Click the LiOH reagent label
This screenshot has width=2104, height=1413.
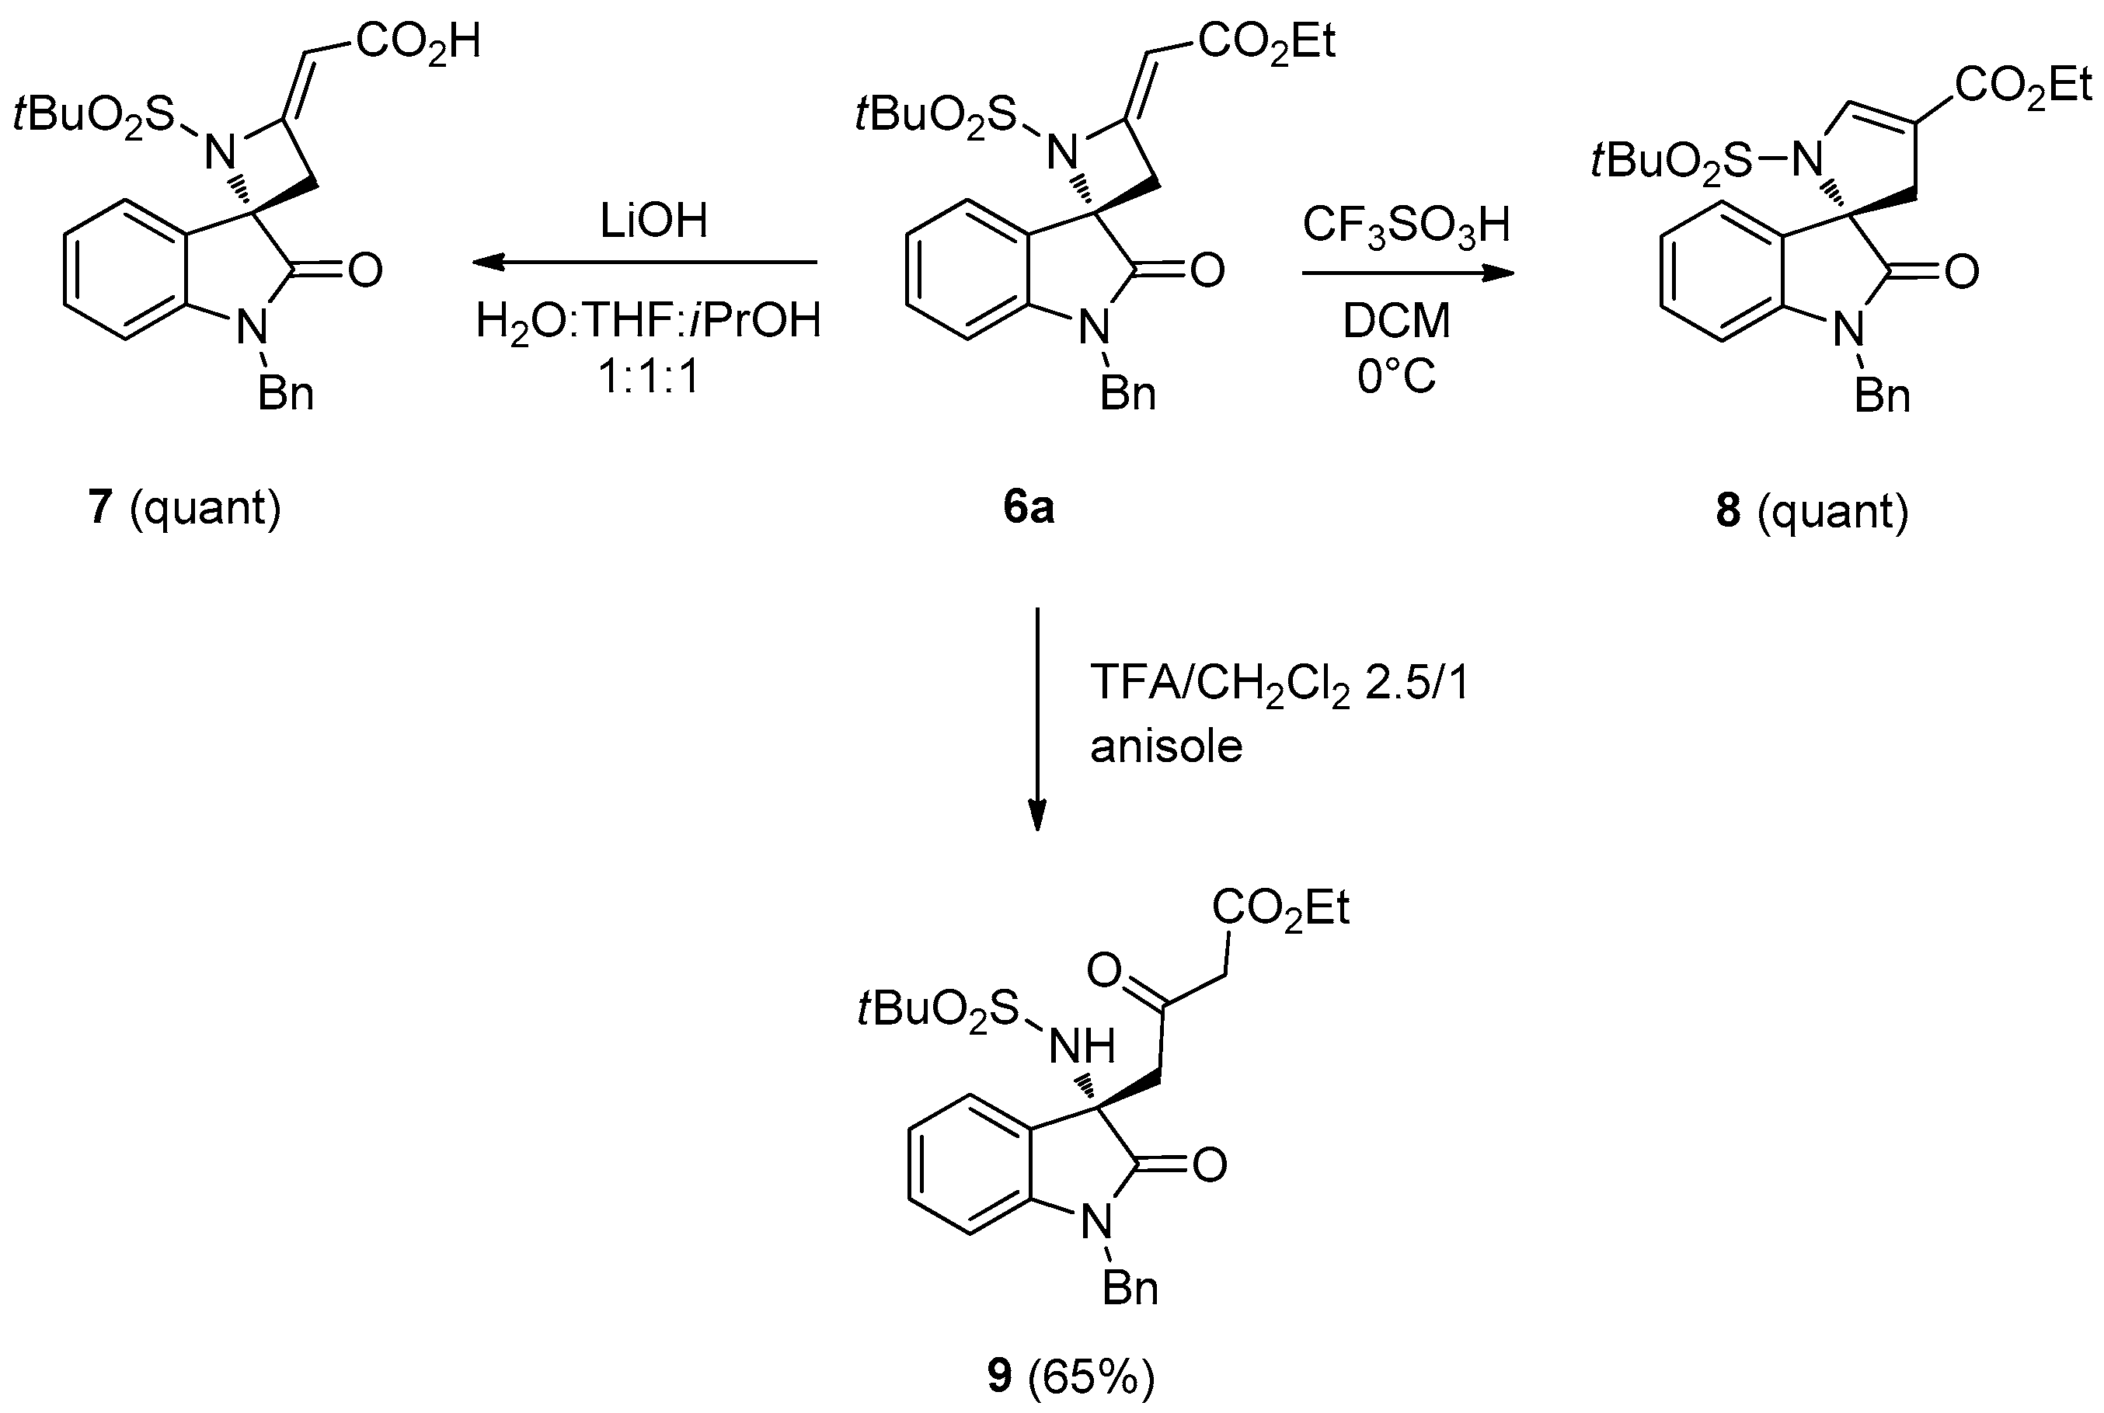pyautogui.click(x=654, y=221)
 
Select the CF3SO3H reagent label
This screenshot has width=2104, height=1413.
pyautogui.click(x=1406, y=224)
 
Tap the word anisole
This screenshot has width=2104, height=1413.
pyautogui.click(x=1166, y=747)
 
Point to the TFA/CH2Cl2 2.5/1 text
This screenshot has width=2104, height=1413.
pyautogui.click(x=1280, y=683)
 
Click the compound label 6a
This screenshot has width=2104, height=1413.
pyautogui.click(x=1028, y=508)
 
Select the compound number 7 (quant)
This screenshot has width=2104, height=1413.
pyautogui.click(x=185, y=507)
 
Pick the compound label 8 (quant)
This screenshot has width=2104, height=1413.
pyautogui.click(x=1812, y=511)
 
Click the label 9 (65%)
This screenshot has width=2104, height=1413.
pyautogui.click(x=1071, y=1376)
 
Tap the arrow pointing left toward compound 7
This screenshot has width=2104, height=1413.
pyautogui.click(x=645, y=263)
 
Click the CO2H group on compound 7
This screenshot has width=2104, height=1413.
pyautogui.click(x=417, y=41)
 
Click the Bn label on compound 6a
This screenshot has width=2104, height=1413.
pyautogui.click(x=1127, y=395)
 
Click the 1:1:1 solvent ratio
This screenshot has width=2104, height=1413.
pyautogui.click(x=649, y=377)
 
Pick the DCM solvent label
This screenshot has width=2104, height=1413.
pyautogui.click(x=1397, y=321)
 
